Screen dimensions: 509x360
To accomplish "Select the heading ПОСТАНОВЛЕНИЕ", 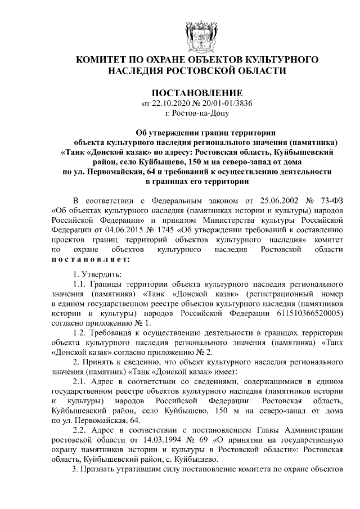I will coord(197,92).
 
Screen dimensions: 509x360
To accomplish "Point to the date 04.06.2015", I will coord(130,229).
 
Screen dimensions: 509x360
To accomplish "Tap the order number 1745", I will coord(177,229).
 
